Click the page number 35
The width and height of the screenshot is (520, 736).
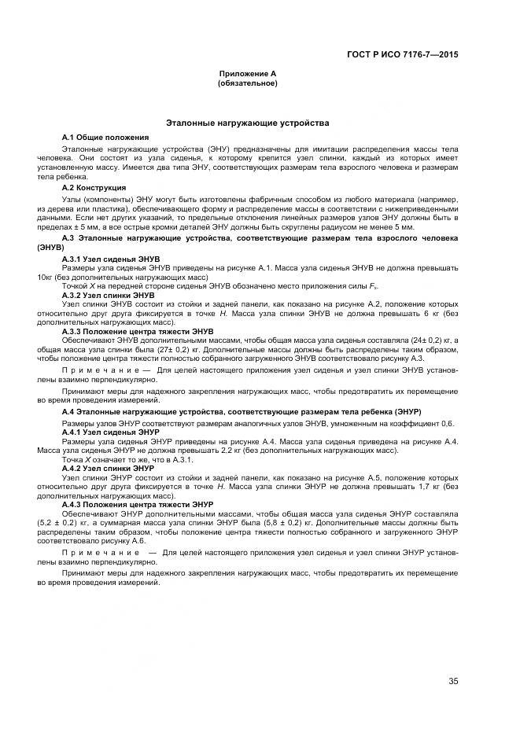(453, 681)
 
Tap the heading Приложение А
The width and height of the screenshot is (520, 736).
(248, 74)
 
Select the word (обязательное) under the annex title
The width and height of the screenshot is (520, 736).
(248, 83)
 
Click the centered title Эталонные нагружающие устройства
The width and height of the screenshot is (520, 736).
(248, 123)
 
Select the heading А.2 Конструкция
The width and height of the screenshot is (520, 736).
(94, 188)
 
